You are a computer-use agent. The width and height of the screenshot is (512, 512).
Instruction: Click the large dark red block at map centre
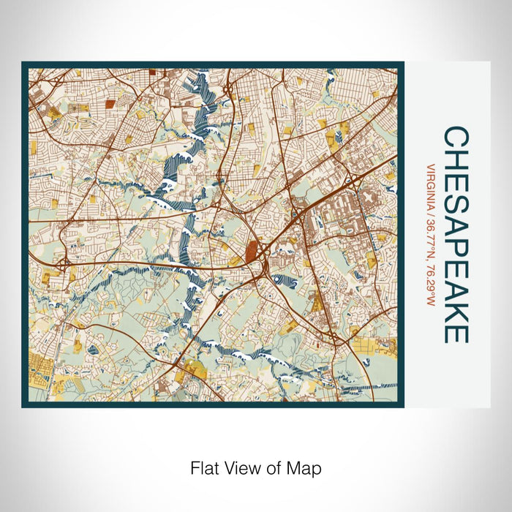(x=252, y=252)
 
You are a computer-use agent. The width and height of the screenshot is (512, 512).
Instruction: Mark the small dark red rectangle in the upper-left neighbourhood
(x=110, y=104)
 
